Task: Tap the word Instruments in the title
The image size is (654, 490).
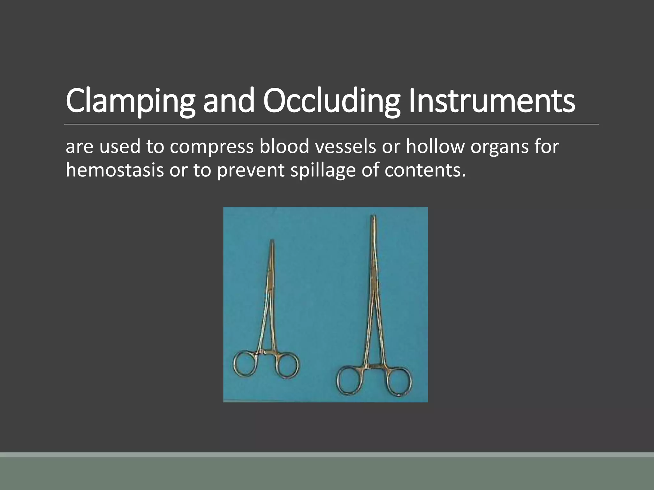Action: pos(492,101)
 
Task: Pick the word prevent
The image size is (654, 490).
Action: pos(250,171)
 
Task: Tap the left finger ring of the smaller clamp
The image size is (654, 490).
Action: pos(245,363)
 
